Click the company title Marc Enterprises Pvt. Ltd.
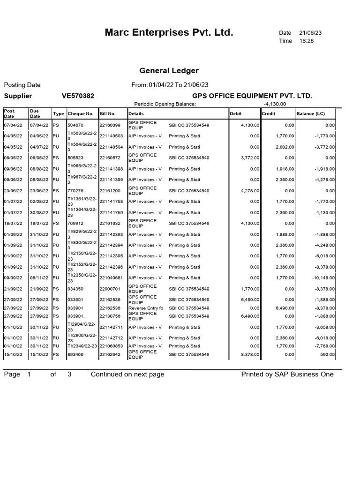(x=169, y=33)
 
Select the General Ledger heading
(x=169, y=71)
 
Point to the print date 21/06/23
(x=310, y=33)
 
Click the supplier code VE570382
(x=78, y=96)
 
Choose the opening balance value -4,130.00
(x=275, y=104)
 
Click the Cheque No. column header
(x=81, y=114)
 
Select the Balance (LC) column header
(x=310, y=114)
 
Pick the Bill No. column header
(x=107, y=114)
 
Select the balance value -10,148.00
(x=322, y=278)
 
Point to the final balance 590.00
(x=328, y=355)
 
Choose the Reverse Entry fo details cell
(x=146, y=308)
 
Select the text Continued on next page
(x=127, y=374)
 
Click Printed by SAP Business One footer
(x=287, y=374)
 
